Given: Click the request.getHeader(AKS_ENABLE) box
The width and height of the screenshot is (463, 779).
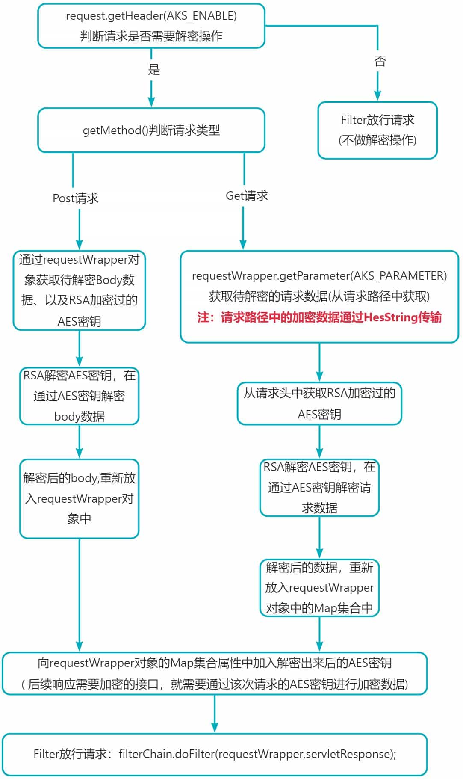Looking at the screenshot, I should [151, 26].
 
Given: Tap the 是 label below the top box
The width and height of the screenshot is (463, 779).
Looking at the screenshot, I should [154, 69].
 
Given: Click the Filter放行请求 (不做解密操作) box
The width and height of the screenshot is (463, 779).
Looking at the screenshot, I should [377, 130].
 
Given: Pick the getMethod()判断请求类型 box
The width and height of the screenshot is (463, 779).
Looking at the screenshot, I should [151, 130].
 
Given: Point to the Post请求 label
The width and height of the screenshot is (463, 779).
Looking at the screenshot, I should [76, 198].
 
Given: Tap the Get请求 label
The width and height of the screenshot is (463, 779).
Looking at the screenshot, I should [247, 196].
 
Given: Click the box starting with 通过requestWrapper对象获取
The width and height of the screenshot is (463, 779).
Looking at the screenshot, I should [80, 290].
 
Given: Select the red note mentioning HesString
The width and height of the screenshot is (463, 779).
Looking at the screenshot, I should [319, 317].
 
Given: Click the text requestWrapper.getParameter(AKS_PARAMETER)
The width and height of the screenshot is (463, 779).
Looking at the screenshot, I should [319, 276].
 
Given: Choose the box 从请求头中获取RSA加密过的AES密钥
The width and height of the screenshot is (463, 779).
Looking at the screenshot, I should [319, 403].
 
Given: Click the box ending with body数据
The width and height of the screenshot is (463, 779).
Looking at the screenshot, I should [80, 396].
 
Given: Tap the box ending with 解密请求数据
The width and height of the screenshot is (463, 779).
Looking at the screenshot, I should [319, 487].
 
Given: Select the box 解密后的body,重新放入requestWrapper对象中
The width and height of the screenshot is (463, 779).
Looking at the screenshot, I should [80, 498].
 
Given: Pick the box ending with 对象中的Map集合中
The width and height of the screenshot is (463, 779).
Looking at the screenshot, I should [319, 588].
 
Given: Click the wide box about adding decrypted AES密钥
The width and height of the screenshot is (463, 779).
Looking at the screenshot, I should [215, 673].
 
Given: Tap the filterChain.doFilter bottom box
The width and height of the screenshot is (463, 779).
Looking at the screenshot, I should [215, 754].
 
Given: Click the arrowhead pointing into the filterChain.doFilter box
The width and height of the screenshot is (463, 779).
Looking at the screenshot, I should [215, 727].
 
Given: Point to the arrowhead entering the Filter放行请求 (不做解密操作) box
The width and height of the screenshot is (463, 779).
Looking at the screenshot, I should [377, 96].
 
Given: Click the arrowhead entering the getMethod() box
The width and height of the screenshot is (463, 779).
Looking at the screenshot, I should [151, 102].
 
